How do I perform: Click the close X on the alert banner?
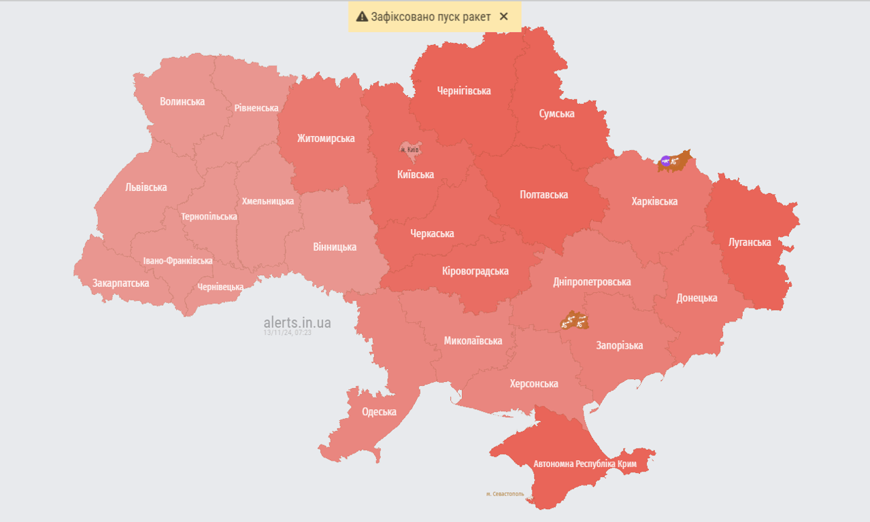(503, 16)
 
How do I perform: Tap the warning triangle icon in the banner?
(362, 17)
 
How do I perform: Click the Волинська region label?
(182, 101)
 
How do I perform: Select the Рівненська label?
(256, 108)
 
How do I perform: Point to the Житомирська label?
(326, 138)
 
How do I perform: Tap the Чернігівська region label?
(464, 90)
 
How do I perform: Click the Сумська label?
(556, 114)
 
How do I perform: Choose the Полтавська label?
(543, 194)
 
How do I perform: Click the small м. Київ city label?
(409, 149)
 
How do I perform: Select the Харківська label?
(654, 201)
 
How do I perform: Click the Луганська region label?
(750, 242)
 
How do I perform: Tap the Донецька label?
(697, 298)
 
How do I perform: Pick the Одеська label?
(379, 411)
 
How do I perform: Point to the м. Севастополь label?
(505, 494)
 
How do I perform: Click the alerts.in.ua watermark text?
(297, 322)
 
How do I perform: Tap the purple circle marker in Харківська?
(665, 161)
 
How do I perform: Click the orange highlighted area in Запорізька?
(573, 320)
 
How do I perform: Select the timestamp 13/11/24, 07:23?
(287, 333)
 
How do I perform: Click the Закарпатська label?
(121, 283)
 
